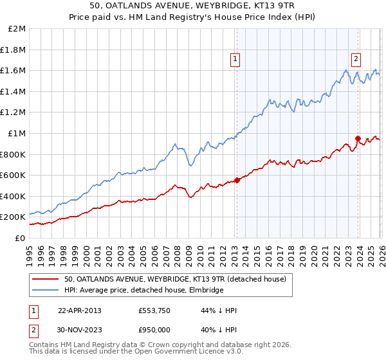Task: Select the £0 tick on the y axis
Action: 20,238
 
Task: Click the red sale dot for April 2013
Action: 237,180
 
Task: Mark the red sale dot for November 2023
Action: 358,138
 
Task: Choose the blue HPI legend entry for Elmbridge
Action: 143,290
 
